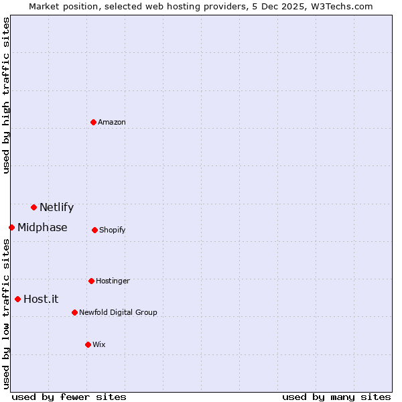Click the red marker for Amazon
[x=93, y=122]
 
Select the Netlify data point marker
[x=33, y=207]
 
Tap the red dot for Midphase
[x=11, y=227]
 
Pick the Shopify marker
[x=94, y=230]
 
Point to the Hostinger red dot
[x=91, y=281]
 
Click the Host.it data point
[x=17, y=299]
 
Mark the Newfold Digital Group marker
[x=74, y=312]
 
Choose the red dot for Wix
[x=88, y=344]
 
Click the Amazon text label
[x=112, y=122]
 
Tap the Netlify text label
[x=56, y=207]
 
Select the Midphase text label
[x=42, y=227]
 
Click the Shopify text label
[x=113, y=230]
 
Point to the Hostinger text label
[x=113, y=281]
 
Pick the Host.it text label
[x=41, y=299]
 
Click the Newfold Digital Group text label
[x=118, y=312]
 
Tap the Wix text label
[x=99, y=344]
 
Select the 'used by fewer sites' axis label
[x=69, y=397]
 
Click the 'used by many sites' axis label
[x=336, y=397]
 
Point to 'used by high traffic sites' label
[x=6, y=95]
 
